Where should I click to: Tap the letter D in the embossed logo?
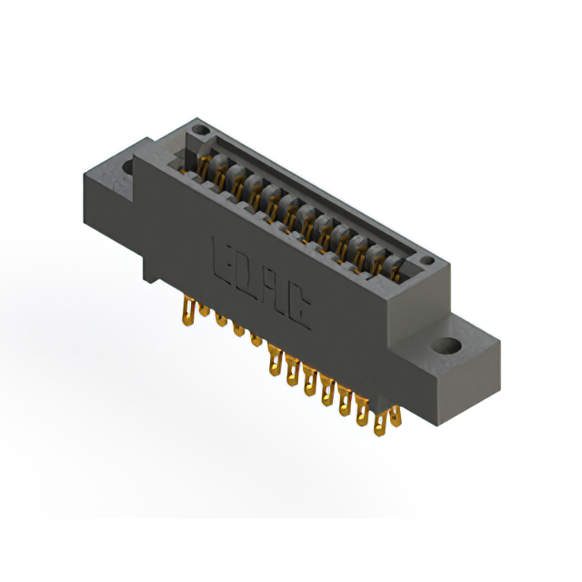click(x=246, y=273)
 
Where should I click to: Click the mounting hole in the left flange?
click(x=122, y=168)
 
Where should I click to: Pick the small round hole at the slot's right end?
click(x=425, y=263)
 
